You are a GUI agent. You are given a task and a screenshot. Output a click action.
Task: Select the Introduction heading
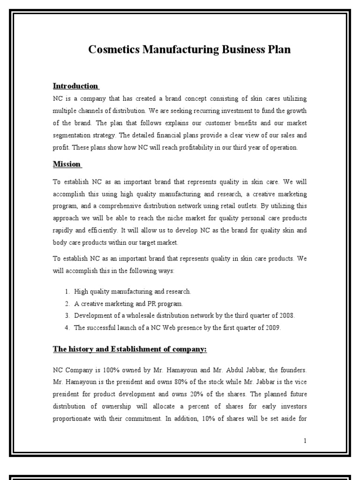75,86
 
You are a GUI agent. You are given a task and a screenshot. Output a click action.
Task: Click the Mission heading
67,164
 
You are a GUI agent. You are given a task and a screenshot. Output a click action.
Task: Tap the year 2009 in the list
271,327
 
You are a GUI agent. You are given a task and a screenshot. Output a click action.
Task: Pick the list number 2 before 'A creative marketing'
67,303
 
